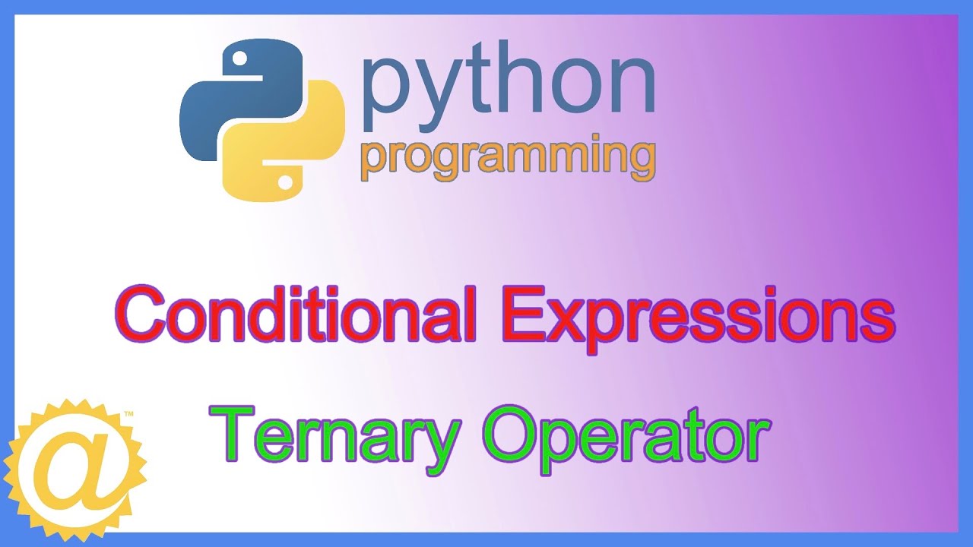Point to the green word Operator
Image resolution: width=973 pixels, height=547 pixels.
click(623, 434)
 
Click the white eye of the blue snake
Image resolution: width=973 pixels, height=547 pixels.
click(239, 58)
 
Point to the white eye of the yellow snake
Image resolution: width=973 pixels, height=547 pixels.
click(286, 182)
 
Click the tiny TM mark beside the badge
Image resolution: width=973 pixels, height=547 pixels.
click(128, 415)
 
